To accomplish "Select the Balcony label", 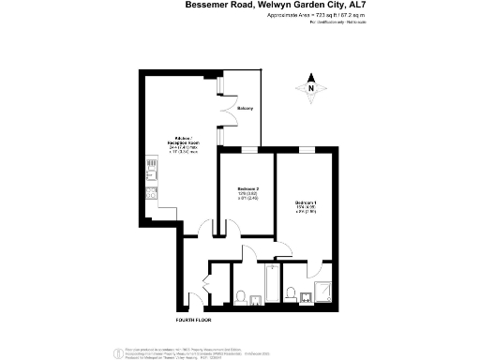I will pyautogui.click(x=245, y=110).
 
